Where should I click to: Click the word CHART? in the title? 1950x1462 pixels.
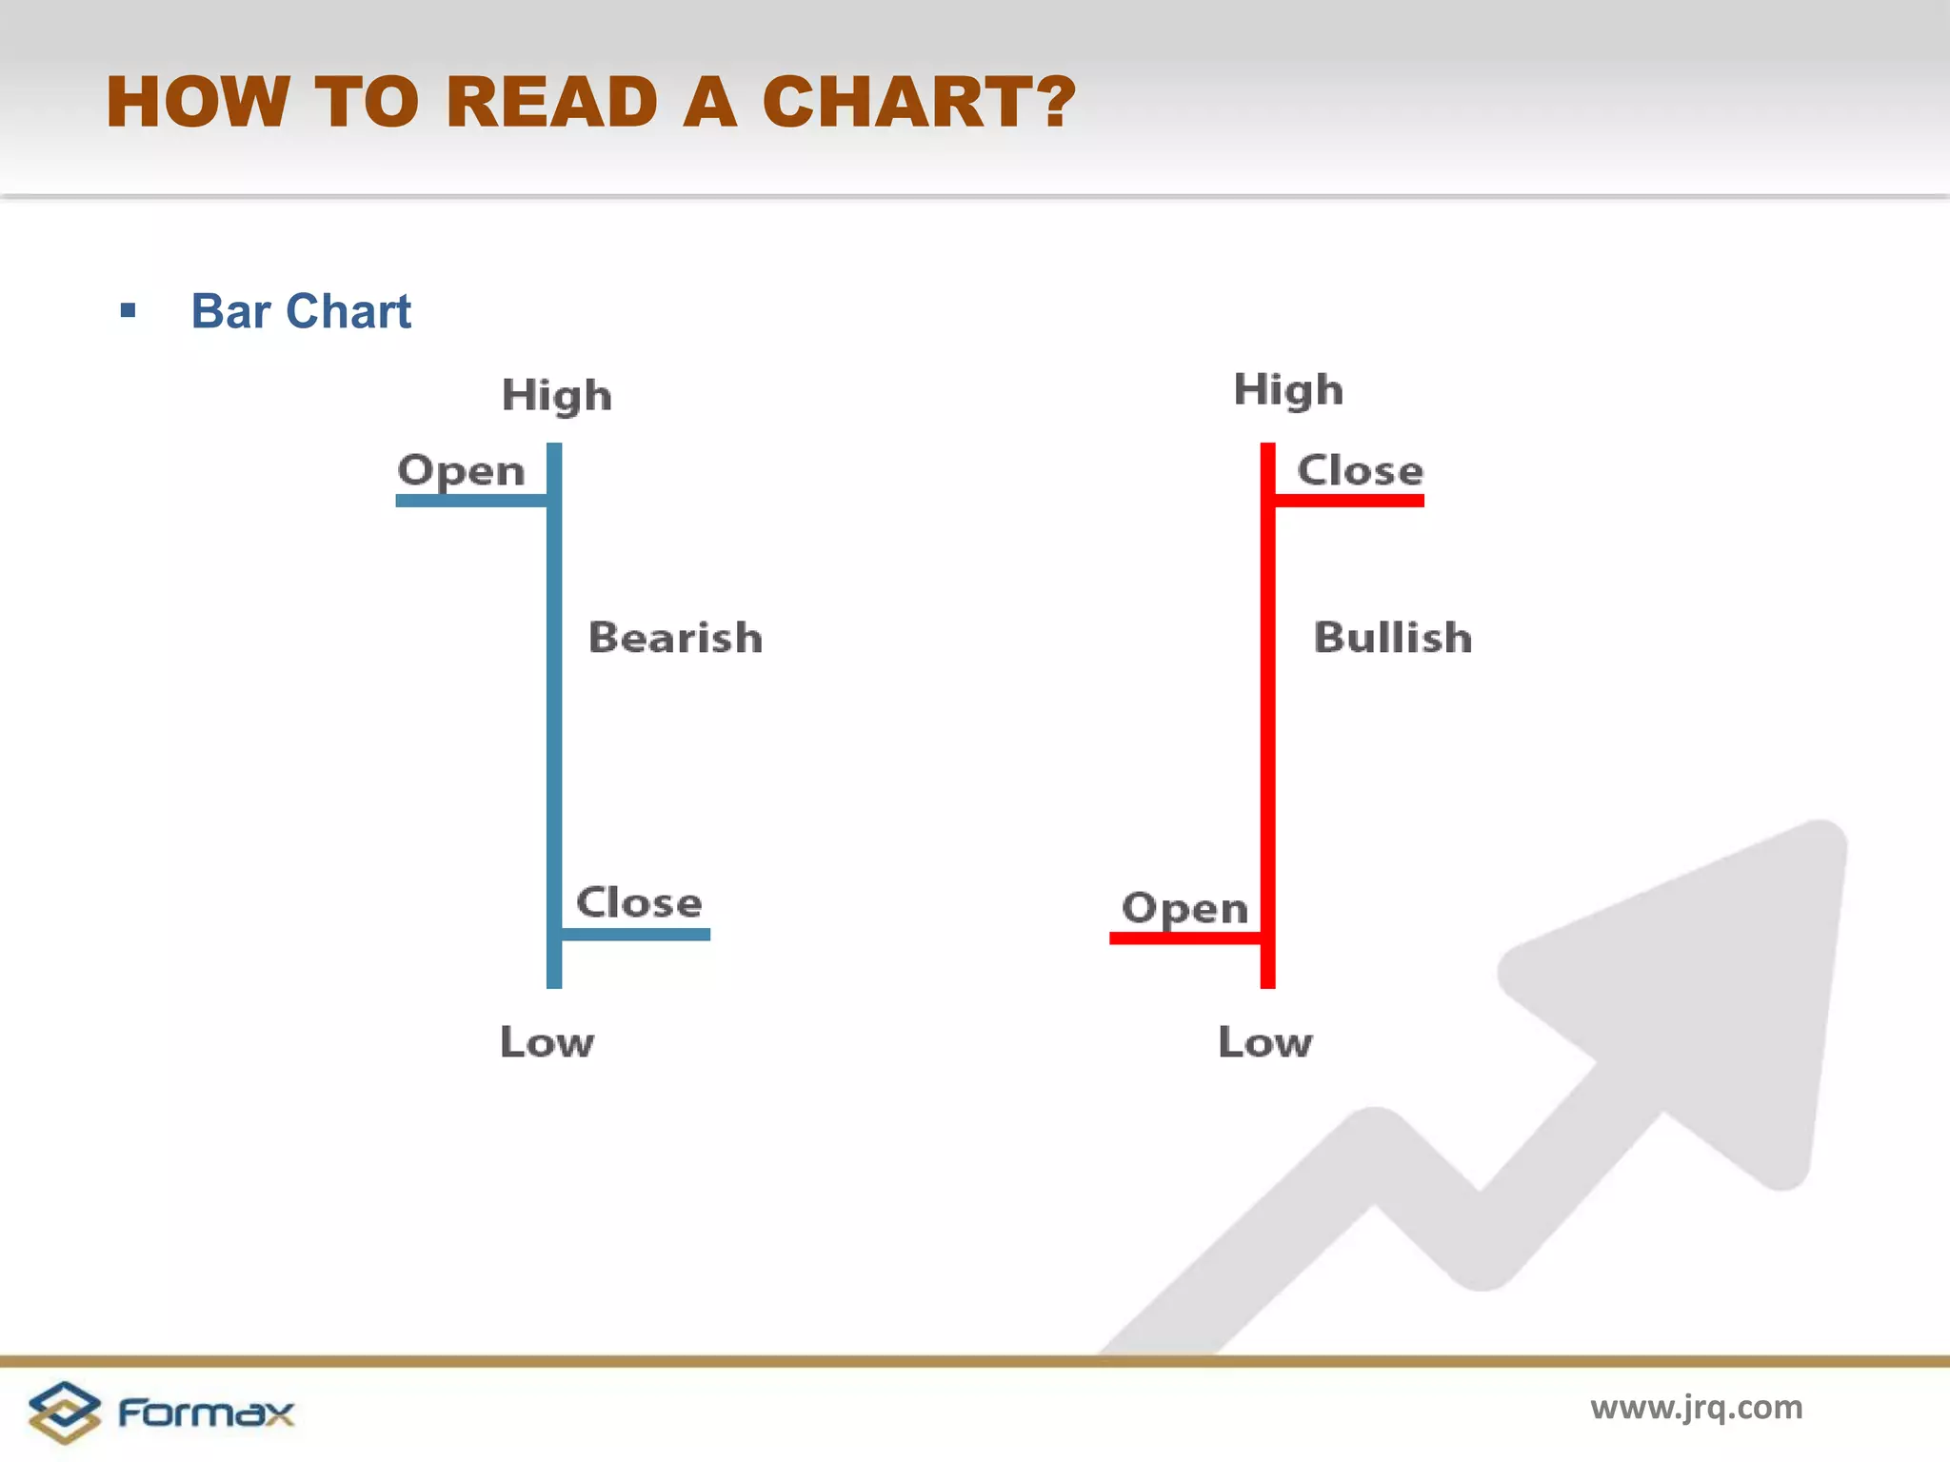[x=918, y=102]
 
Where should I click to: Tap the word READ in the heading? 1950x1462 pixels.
[x=551, y=102]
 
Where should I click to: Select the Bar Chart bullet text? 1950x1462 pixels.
[x=301, y=311]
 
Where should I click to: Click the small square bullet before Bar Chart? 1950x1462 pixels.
[x=129, y=311]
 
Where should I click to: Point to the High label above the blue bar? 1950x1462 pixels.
[x=556, y=395]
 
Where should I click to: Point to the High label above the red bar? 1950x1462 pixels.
[x=1287, y=390]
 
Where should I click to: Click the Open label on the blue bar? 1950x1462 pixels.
[x=461, y=471]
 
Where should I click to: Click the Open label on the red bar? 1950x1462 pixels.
[x=1184, y=908]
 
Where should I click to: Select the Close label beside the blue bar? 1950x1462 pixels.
[x=639, y=902]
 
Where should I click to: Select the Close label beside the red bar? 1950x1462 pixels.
[x=1360, y=470]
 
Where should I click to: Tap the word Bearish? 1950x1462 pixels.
[x=675, y=638]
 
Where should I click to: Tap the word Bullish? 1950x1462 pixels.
[x=1392, y=638]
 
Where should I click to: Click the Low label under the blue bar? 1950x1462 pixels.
[x=547, y=1042]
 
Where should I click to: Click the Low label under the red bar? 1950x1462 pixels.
[x=1264, y=1042]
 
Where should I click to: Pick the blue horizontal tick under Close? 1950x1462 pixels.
[x=636, y=935]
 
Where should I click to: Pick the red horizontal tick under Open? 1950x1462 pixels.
[x=1184, y=938]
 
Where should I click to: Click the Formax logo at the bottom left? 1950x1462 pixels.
[x=160, y=1413]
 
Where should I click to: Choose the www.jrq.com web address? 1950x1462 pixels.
[x=1696, y=1407]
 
